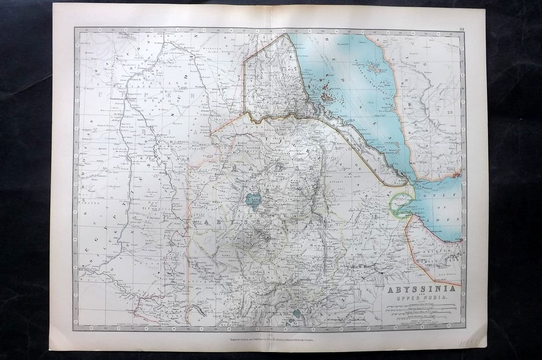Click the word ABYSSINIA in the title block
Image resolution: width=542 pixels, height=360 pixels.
pos(421,290)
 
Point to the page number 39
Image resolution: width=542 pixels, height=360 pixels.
pos(461,30)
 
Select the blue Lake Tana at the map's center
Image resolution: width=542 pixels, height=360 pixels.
pos(254,200)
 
